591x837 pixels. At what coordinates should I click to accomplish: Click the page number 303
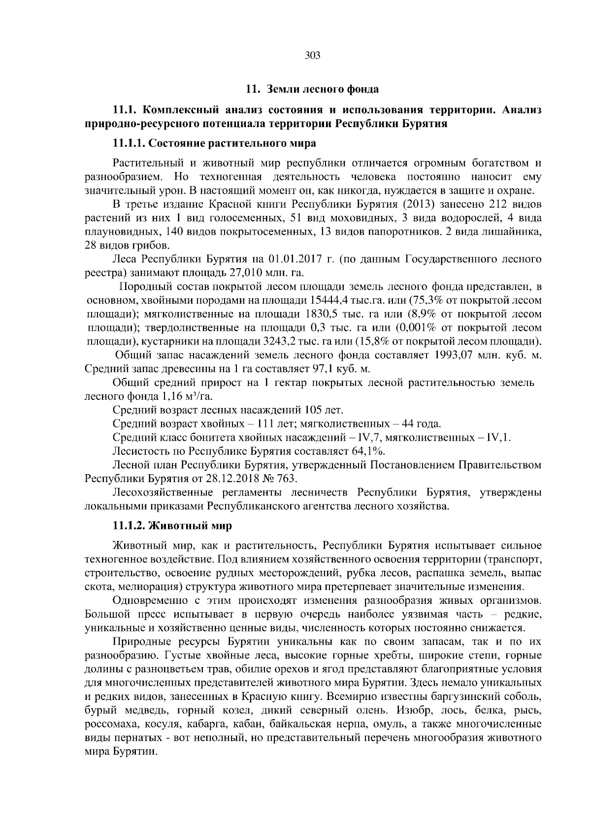coord(313,56)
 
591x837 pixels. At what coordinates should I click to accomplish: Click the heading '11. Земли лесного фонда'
coord(312,89)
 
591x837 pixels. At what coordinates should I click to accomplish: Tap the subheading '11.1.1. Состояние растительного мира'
coord(214,143)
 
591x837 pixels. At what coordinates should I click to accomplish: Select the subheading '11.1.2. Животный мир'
coord(172,525)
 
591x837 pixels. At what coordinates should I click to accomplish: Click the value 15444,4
coord(329,300)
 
